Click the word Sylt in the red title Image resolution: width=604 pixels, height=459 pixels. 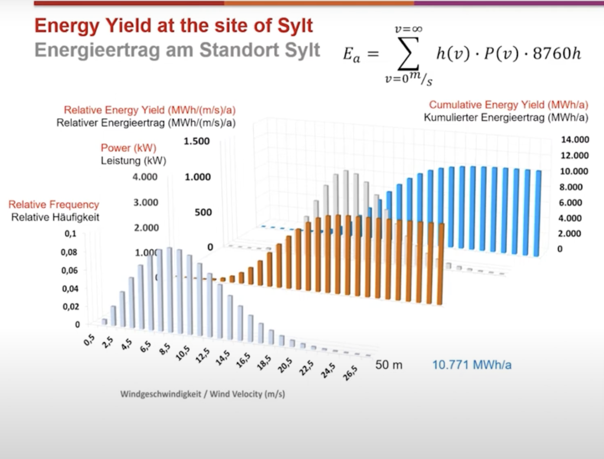pyautogui.click(x=295, y=26)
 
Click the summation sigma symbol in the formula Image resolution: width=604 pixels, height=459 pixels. pyautogui.click(x=409, y=54)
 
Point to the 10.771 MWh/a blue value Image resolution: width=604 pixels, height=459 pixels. pyautogui.click(x=472, y=365)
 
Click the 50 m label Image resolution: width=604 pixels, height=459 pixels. pyautogui.click(x=389, y=365)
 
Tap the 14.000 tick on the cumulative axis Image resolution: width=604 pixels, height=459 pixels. pyautogui.click(x=575, y=139)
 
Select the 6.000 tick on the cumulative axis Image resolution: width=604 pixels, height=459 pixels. pyautogui.click(x=570, y=202)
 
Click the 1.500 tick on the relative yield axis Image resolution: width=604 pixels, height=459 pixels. pyautogui.click(x=197, y=141)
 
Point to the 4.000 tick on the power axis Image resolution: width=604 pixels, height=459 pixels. pyautogui.click(x=145, y=177)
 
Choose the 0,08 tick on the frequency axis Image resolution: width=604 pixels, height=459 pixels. pyautogui.click(x=69, y=252)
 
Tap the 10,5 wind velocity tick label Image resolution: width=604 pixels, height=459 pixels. pyautogui.click(x=183, y=353)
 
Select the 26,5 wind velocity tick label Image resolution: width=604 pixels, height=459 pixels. pyautogui.click(x=350, y=373)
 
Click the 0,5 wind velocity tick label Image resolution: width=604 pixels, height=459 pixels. pyautogui.click(x=89, y=340)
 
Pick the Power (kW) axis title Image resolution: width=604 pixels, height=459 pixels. pyautogui.click(x=128, y=148)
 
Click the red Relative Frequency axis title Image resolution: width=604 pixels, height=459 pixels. pyautogui.click(x=54, y=205)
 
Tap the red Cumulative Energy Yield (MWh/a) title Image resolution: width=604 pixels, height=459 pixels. pyautogui.click(x=508, y=105)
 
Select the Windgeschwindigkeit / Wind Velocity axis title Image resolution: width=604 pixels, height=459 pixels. pyautogui.click(x=202, y=394)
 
